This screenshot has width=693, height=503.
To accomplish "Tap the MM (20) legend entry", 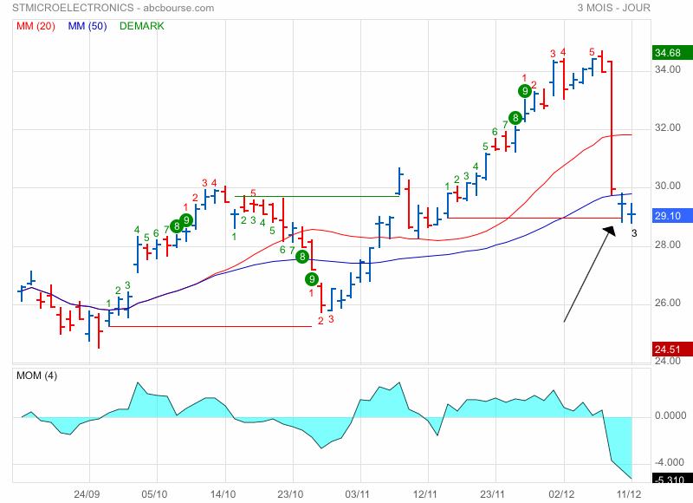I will [x=36, y=26].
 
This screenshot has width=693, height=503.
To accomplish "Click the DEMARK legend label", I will [x=141, y=26].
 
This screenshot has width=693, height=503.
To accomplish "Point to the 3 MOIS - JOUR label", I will [x=613, y=8].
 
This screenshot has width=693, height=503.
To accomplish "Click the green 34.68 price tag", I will [x=669, y=53].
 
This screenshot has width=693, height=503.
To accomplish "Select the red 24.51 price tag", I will [x=669, y=349].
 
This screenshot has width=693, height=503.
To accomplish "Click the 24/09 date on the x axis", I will [x=86, y=493].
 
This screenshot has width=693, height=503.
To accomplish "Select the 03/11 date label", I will [x=359, y=493].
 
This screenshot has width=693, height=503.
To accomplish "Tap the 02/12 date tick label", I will [x=563, y=493].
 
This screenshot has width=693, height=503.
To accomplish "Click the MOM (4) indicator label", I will [x=38, y=376].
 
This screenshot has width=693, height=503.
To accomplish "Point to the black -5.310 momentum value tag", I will [x=669, y=479].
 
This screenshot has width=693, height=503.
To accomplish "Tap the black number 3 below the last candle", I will [x=634, y=232].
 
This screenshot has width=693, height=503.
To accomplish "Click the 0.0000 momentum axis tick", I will [x=669, y=416].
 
